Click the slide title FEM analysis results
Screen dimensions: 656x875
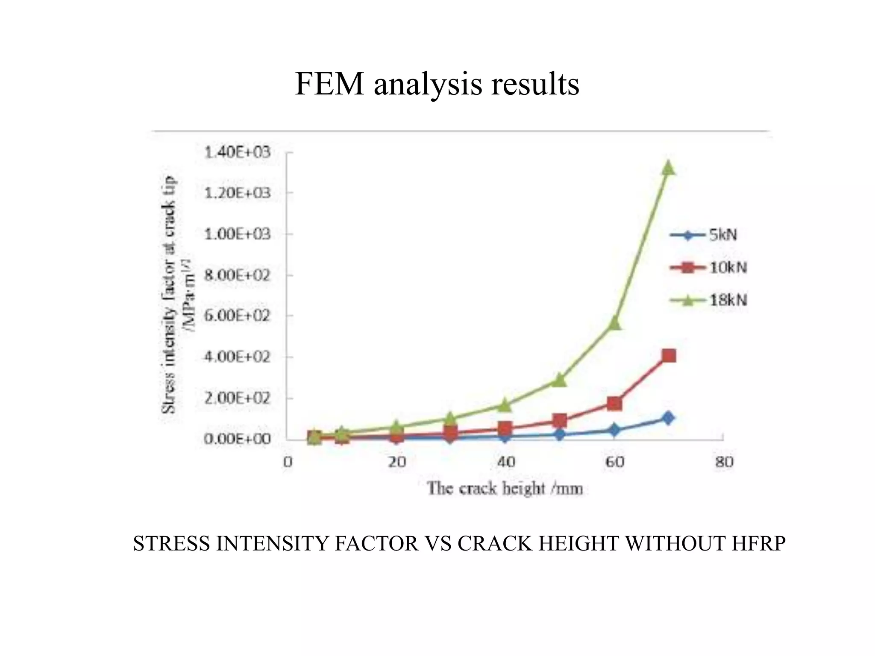[437, 84]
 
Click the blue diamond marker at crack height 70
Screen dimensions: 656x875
[668, 418]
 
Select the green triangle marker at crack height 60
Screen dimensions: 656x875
[615, 323]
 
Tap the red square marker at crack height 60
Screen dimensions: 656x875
[614, 403]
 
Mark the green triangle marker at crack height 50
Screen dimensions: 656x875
[560, 379]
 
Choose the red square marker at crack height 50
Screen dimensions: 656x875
[560, 420]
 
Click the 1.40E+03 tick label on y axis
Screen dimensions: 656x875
[238, 152]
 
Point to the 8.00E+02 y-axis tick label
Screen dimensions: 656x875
[238, 275]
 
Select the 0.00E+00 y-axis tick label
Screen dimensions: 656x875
[238, 439]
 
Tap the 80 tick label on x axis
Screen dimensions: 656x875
[724, 462]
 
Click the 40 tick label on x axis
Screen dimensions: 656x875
[506, 462]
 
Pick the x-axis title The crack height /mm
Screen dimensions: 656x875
[505, 488]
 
